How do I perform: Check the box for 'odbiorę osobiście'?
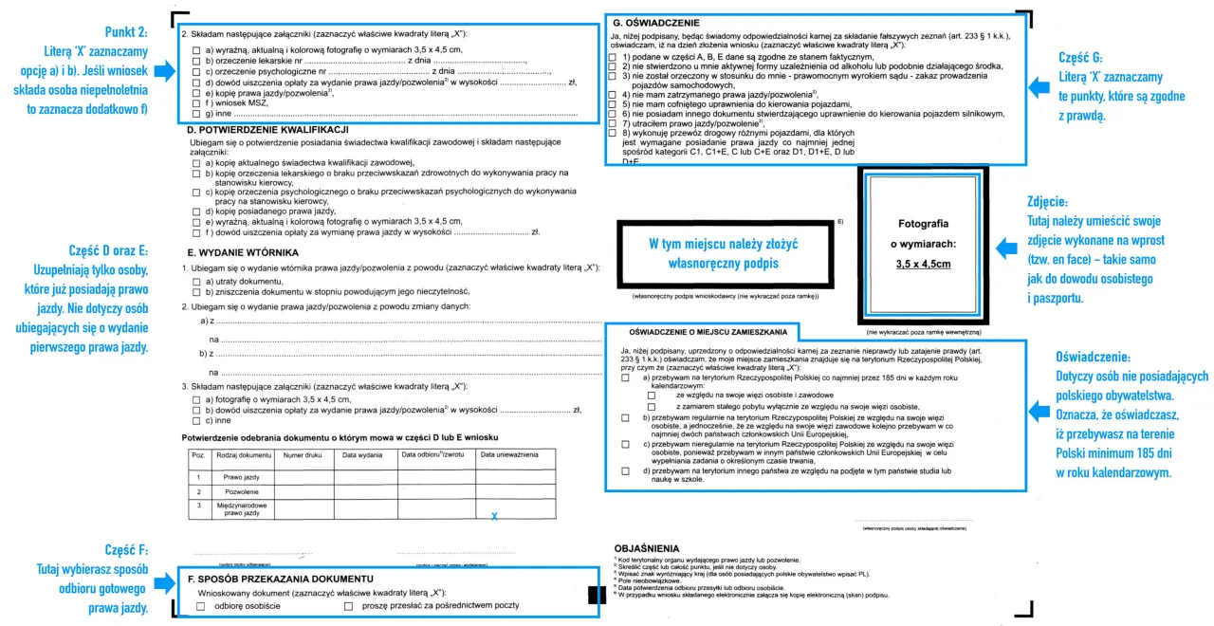(200, 606)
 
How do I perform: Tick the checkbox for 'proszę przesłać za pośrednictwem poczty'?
(348, 606)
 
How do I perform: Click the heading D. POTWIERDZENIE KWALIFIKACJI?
(268, 129)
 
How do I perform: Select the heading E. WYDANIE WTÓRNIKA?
(243, 252)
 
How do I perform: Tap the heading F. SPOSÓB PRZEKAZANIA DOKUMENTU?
(279, 579)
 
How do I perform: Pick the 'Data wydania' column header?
(362, 455)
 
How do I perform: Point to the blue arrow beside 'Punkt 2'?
(162, 69)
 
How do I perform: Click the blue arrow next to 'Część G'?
(1039, 86)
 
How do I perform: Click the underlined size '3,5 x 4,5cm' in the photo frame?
(923, 265)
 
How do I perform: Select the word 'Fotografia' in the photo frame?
(923, 224)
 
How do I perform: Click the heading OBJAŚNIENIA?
(647, 548)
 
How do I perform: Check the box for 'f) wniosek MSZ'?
(195, 102)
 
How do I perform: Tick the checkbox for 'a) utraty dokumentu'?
(195, 283)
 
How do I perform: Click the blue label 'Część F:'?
(127, 550)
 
